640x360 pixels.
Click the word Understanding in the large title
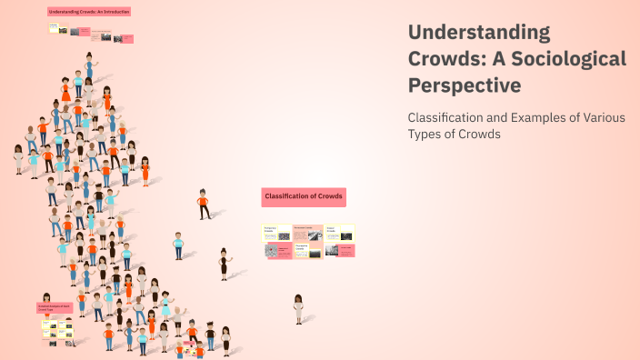click(x=479, y=33)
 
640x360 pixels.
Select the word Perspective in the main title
click(x=465, y=85)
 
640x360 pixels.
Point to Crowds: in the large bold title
click(x=443, y=59)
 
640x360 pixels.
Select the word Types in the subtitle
click(x=425, y=135)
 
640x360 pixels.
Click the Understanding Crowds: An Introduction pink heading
click(x=89, y=12)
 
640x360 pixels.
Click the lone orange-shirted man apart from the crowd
click(x=204, y=204)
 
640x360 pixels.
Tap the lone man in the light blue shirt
click(x=179, y=245)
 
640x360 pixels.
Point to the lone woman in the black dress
click(x=224, y=264)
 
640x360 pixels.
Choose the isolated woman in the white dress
click(x=298, y=309)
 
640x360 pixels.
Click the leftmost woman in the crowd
click(x=18, y=158)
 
